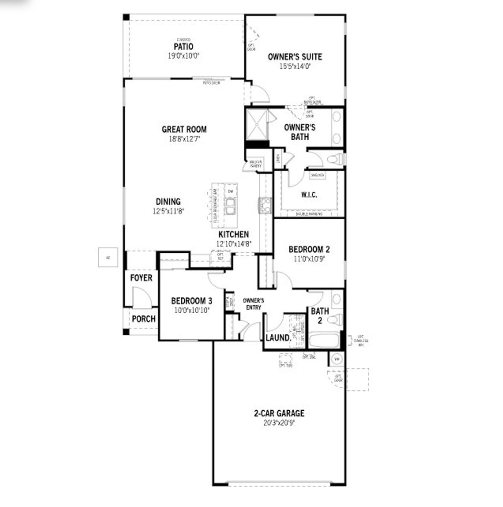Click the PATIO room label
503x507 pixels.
click(184, 47)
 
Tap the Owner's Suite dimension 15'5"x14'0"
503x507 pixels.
click(295, 66)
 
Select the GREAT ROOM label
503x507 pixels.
click(184, 129)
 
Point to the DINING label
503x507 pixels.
click(168, 202)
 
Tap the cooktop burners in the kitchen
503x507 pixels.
click(265, 205)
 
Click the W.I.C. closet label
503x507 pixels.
click(309, 195)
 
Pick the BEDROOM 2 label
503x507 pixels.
click(309, 249)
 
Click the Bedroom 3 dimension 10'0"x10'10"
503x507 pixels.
click(191, 310)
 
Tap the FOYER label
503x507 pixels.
click(141, 278)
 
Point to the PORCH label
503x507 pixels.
click(143, 319)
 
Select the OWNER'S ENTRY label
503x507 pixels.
click(253, 304)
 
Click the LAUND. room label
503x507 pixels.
click(278, 338)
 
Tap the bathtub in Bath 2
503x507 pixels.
click(324, 340)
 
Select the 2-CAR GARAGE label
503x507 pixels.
click(279, 413)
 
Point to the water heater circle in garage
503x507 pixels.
click(336, 358)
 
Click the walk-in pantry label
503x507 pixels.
click(255, 164)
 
